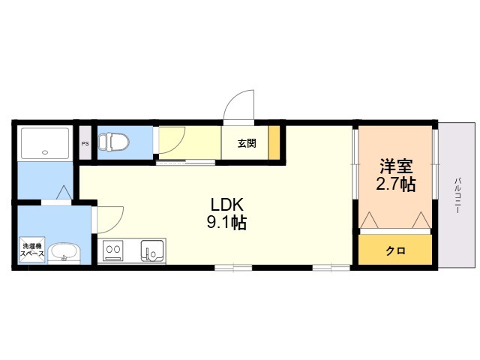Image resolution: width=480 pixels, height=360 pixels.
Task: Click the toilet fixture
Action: pyautogui.click(x=114, y=142)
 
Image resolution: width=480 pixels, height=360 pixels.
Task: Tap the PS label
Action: pyautogui.click(x=85, y=143)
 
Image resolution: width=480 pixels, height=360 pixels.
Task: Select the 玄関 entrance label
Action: pyautogui.click(x=247, y=143)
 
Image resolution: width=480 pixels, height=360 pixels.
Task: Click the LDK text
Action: pyautogui.click(x=226, y=205)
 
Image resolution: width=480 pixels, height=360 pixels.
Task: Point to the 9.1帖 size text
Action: pyautogui.click(x=226, y=222)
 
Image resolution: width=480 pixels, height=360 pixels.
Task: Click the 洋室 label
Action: pyautogui.click(x=396, y=166)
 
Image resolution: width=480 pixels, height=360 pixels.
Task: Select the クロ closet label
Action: pyautogui.click(x=395, y=251)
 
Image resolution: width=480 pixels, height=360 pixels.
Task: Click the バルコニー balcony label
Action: pyautogui.click(x=457, y=195)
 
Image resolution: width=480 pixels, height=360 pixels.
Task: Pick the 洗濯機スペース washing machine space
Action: pyautogui.click(x=32, y=250)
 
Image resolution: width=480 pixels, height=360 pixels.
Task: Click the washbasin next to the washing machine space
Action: pyautogui.click(x=64, y=253)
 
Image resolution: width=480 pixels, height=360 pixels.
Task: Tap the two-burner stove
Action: pyautogui.click(x=113, y=250)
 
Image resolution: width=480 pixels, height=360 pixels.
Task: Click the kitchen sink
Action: pyautogui.click(x=151, y=250)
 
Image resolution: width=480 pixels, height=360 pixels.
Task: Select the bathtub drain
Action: pyautogui.click(x=45, y=151)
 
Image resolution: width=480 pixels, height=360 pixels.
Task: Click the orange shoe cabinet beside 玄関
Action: pyautogui.click(x=274, y=142)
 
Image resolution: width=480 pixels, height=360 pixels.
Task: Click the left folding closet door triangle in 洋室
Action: pyautogui.click(x=370, y=220)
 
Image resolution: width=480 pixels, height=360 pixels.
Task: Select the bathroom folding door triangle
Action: pyautogui.click(x=64, y=192)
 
